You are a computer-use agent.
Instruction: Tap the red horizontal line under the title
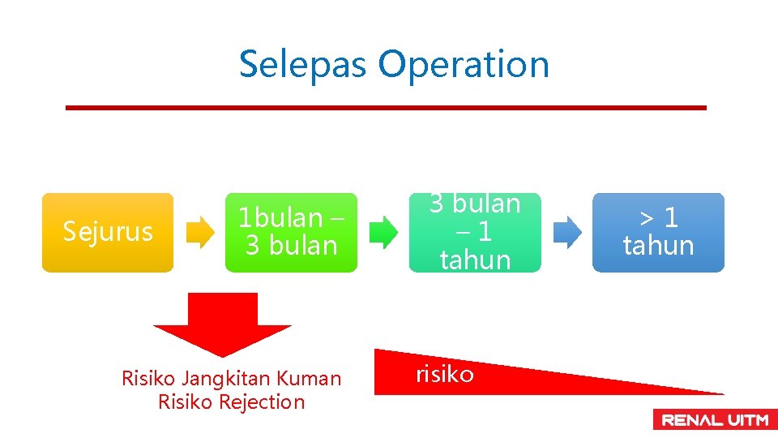pos(386,107)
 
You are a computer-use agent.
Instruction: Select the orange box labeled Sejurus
pos(108,232)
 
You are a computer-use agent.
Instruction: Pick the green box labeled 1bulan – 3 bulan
pos(291,232)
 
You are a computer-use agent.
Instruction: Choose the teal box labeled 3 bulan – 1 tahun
pos(475,232)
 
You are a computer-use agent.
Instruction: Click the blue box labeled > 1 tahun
pos(658,232)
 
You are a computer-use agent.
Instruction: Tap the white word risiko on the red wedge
pos(444,374)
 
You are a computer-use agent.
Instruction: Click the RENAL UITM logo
pos(715,419)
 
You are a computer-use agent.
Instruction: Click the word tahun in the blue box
pos(658,245)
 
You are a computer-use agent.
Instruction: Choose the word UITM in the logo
pos(746,419)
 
